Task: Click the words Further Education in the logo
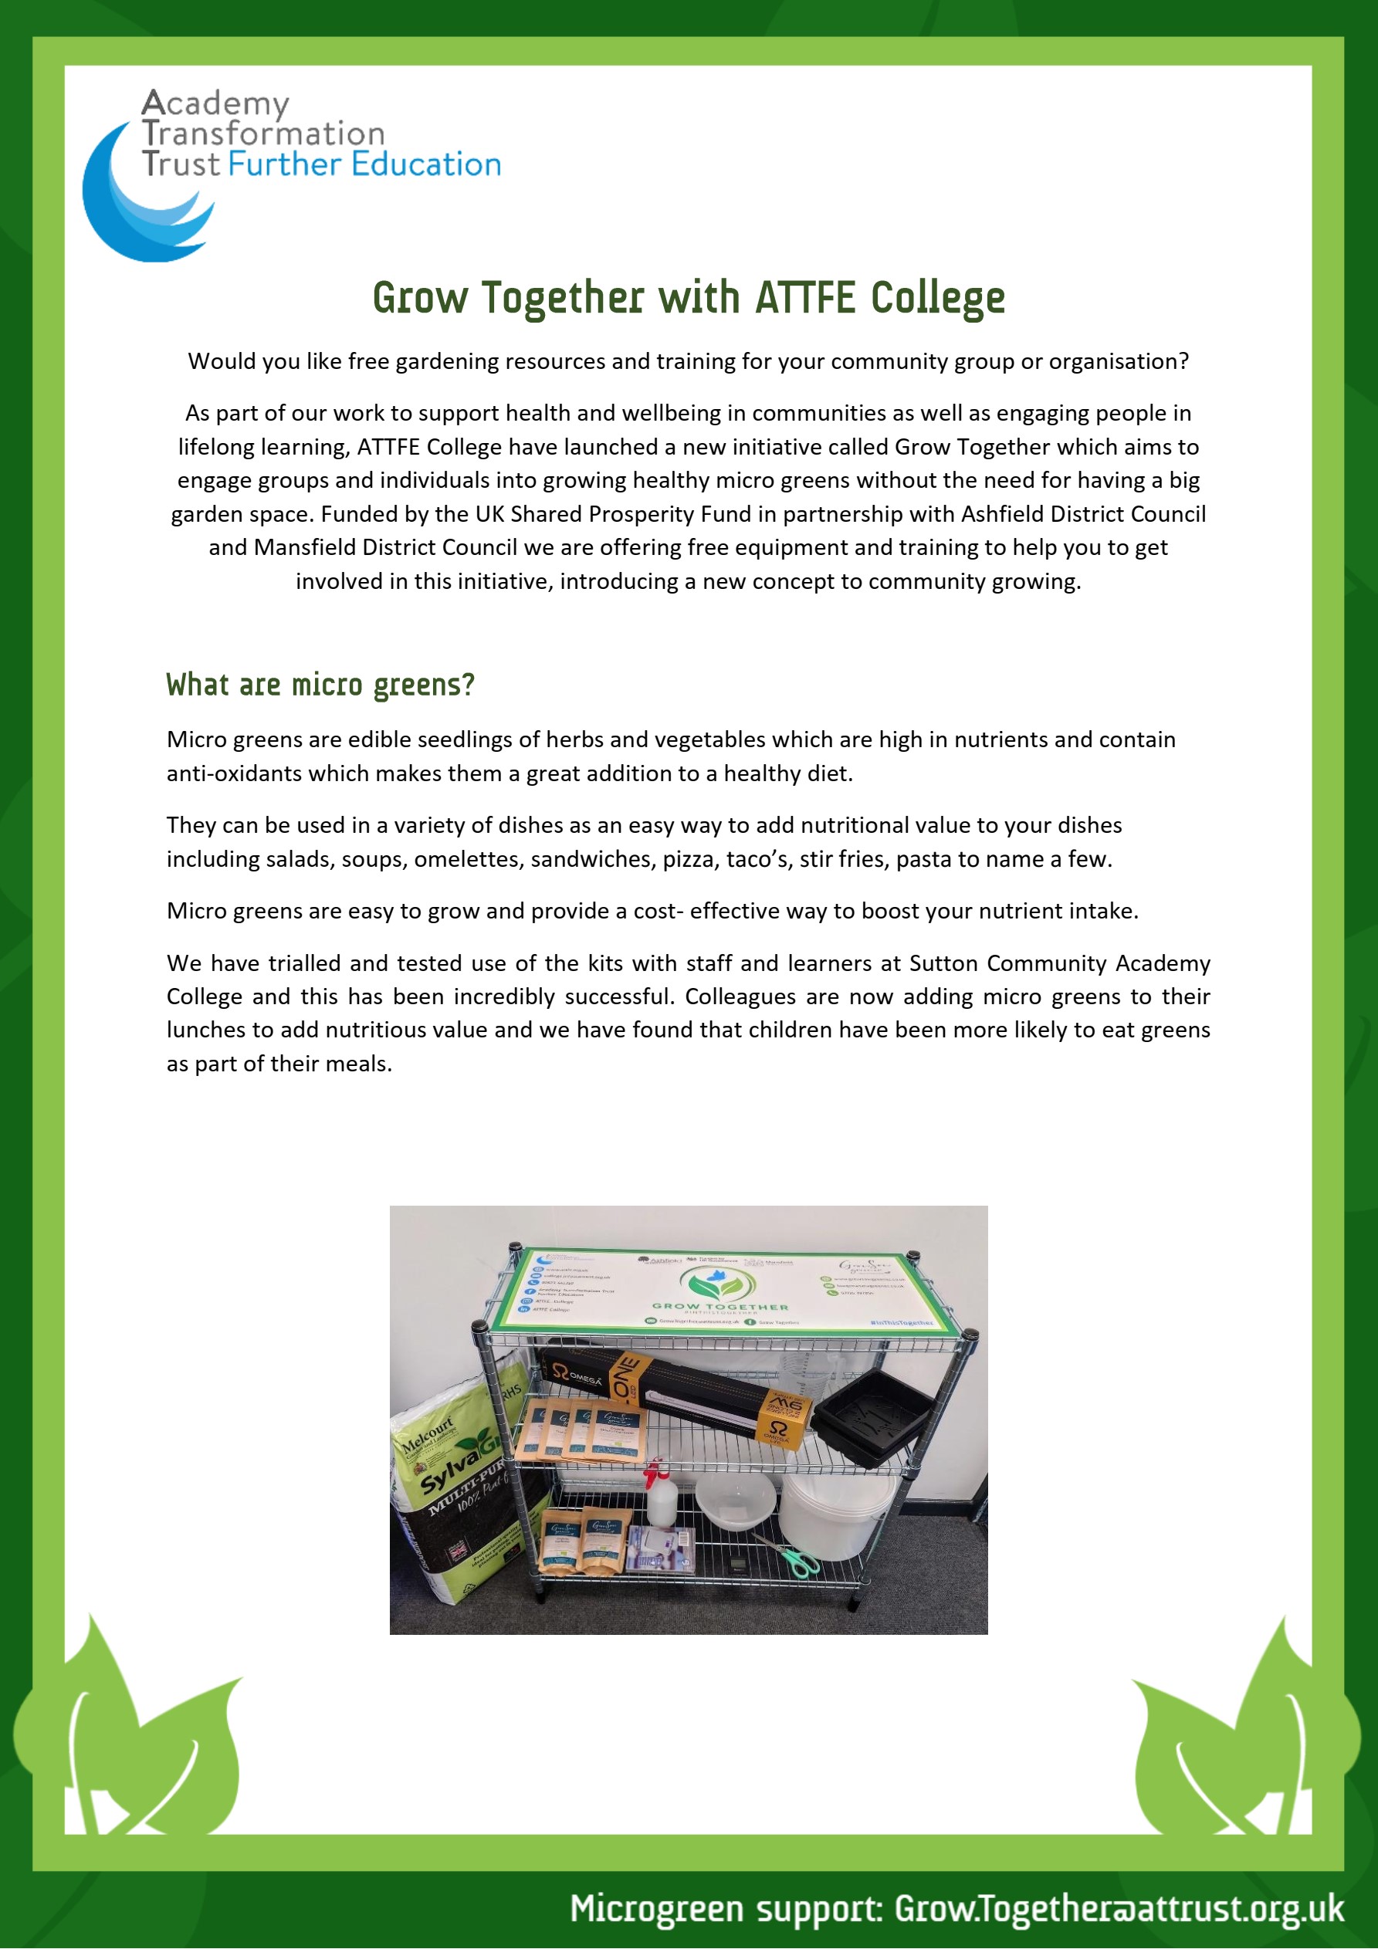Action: tap(364, 164)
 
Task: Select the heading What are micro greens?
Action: tap(320, 684)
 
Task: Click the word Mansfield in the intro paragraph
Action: tap(300, 547)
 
